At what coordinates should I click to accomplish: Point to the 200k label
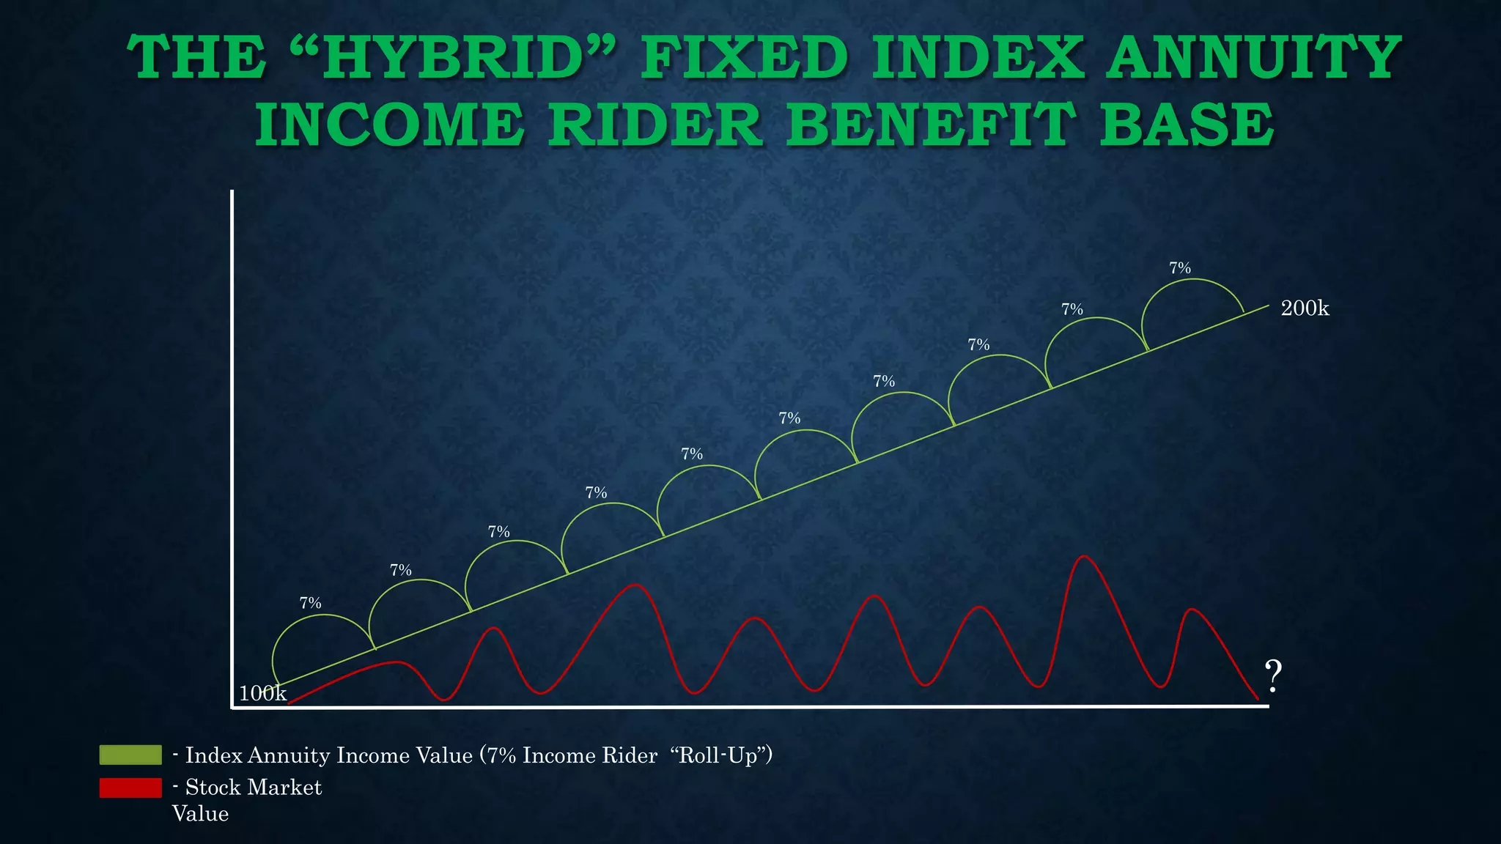tap(1305, 308)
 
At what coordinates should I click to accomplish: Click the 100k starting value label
tap(262, 693)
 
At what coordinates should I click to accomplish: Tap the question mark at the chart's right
tap(1274, 677)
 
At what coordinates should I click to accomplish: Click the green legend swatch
tap(130, 755)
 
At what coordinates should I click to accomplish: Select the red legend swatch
tap(130, 788)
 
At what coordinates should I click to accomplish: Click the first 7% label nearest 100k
tap(311, 603)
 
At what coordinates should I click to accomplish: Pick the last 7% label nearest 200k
tap(1180, 268)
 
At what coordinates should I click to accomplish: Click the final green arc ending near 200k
tap(1192, 281)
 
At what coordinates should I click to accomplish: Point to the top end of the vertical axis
tap(232, 192)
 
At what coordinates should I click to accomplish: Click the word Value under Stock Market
tap(200, 814)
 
